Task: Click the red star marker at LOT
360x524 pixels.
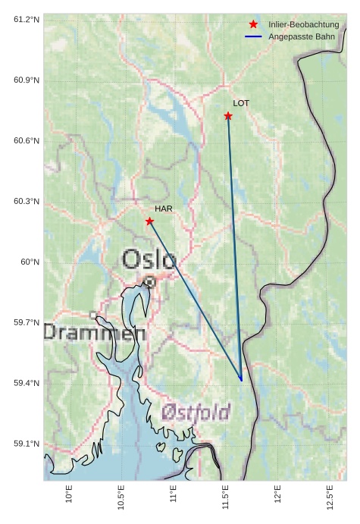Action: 228,116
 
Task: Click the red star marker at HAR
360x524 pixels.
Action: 149,221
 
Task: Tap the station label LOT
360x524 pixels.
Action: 241,103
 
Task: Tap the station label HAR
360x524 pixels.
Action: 164,209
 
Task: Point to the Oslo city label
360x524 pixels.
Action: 149,259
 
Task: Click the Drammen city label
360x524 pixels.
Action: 94,331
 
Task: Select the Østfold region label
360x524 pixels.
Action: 196,412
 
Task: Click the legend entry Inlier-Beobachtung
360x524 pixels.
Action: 303,25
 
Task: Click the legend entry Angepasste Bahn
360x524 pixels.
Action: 301,36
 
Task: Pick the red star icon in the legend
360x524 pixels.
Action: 253,25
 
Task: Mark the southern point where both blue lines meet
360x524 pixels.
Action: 241,380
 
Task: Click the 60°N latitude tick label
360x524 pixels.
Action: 30,262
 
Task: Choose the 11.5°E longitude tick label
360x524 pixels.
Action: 225,497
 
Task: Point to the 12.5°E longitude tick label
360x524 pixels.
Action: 330,497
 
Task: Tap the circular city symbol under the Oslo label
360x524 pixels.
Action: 150,281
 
